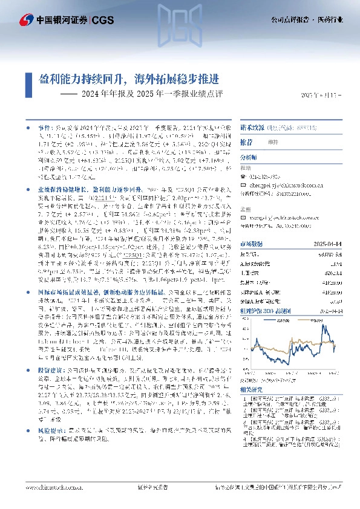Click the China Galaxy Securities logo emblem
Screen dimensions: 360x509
coord(27,20)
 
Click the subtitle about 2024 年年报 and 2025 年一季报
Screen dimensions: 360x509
coord(143,94)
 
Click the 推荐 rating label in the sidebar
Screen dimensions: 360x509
coord(247,142)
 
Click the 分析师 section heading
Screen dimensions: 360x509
coord(250,156)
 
